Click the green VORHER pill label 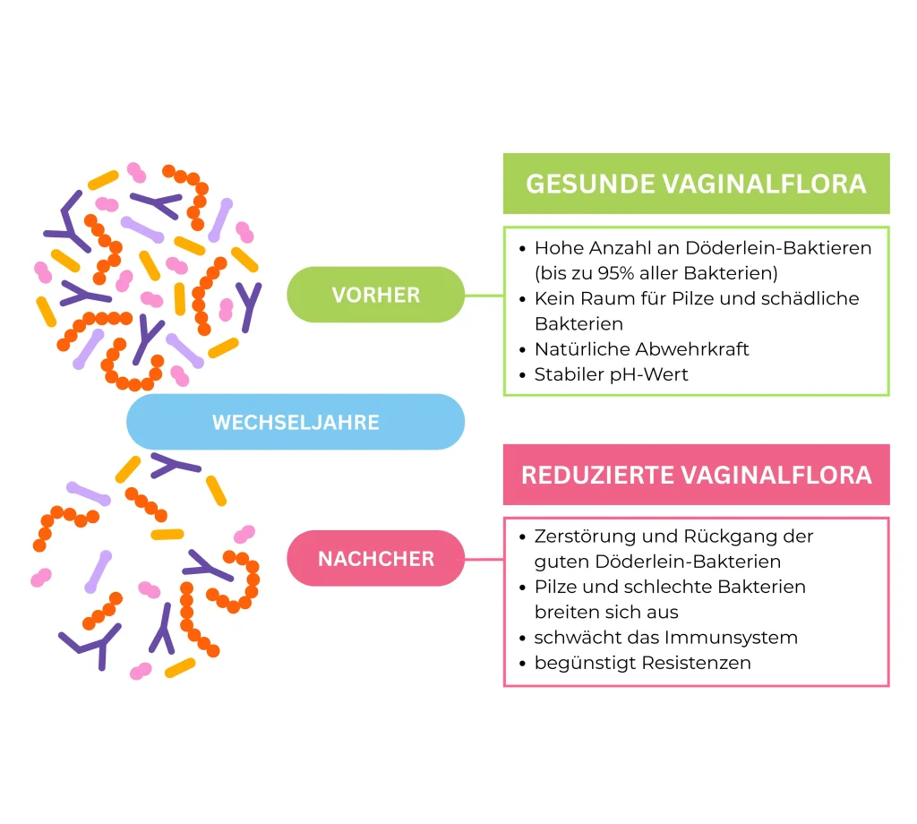point(375,295)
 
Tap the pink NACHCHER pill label point(375,559)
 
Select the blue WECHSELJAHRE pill point(296,422)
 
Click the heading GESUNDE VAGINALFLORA point(696,184)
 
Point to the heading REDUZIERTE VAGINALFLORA point(696,475)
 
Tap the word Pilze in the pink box point(556,587)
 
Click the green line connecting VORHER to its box point(484,295)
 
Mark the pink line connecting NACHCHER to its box point(484,559)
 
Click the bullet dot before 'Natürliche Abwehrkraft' point(522,349)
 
